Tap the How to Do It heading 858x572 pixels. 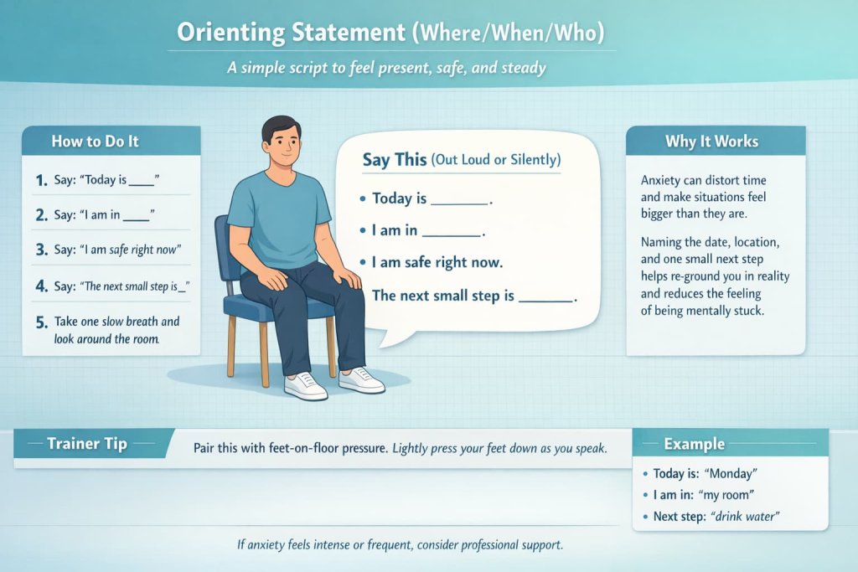pyautogui.click(x=95, y=141)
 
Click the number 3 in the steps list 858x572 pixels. pyautogui.click(x=41, y=250)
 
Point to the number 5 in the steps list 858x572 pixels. pyautogui.click(x=41, y=322)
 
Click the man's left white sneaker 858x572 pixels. pyautogui.click(x=362, y=380)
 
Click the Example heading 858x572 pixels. pyautogui.click(x=695, y=444)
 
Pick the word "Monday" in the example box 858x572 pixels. pyautogui.click(x=731, y=474)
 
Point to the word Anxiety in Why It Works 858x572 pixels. pyautogui.click(x=664, y=181)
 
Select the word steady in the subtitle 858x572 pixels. pyautogui.click(x=524, y=68)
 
